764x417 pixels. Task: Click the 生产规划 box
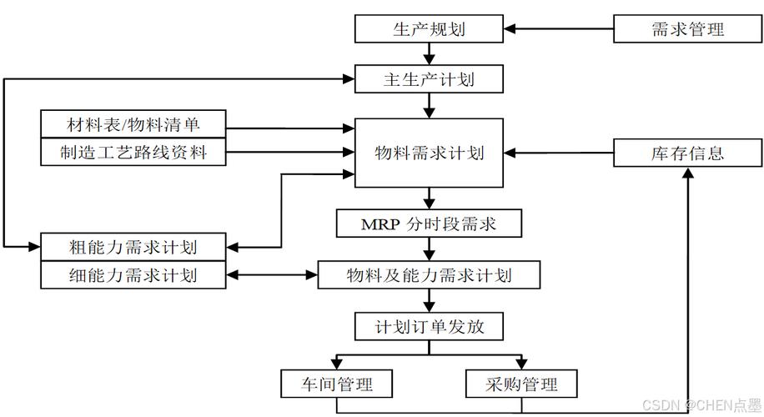coord(429,29)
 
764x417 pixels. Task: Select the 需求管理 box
coord(687,29)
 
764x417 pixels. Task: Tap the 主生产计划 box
coord(429,80)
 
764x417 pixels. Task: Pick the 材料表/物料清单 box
coord(133,125)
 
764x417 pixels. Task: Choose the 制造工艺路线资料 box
coord(133,153)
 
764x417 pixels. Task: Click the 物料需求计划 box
coord(429,153)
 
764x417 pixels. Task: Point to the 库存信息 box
coord(687,153)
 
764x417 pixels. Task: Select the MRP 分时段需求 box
coord(429,224)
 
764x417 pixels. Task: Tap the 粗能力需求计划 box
coord(133,247)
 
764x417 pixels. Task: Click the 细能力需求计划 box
coord(133,274)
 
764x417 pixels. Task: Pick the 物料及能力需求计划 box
coord(429,274)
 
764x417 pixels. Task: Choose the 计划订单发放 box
coord(429,326)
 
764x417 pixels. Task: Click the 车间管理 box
coord(337,384)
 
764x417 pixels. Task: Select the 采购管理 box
coord(520,384)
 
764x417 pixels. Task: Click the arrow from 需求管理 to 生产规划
coord(559,29)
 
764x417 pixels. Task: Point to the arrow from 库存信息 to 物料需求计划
coord(559,153)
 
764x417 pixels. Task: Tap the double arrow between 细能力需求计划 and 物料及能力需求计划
coord(272,274)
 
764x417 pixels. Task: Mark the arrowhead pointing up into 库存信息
coord(688,173)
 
